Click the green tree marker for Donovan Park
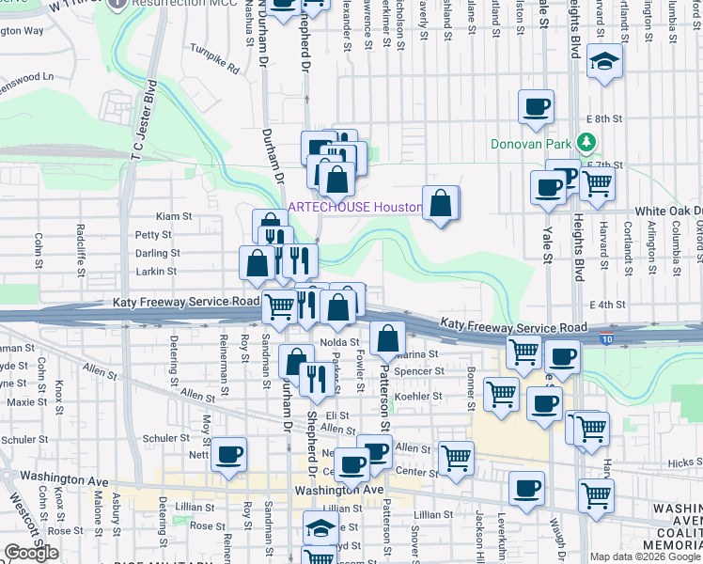[587, 143]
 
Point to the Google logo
[32, 553]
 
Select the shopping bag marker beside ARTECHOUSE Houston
[441, 203]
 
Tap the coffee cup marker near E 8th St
[536, 106]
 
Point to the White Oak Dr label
[669, 211]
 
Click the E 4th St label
[607, 305]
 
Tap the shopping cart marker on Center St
[456, 458]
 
